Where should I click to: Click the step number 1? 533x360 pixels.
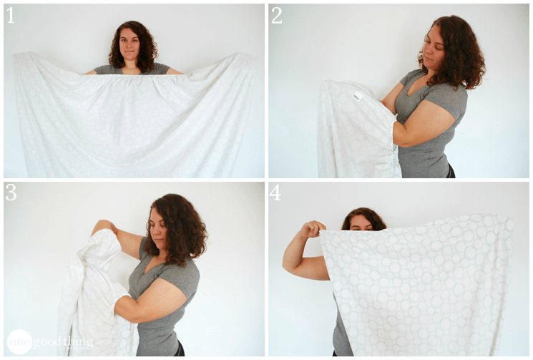pos(10,15)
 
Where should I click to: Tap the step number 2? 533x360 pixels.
pos(276,15)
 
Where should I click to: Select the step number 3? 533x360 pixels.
pos(11,192)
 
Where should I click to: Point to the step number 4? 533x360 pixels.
pos(275,192)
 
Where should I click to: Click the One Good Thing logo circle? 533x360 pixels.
pos(19,341)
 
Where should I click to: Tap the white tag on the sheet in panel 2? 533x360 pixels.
pos(358,96)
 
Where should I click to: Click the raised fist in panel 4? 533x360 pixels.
pos(312,229)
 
